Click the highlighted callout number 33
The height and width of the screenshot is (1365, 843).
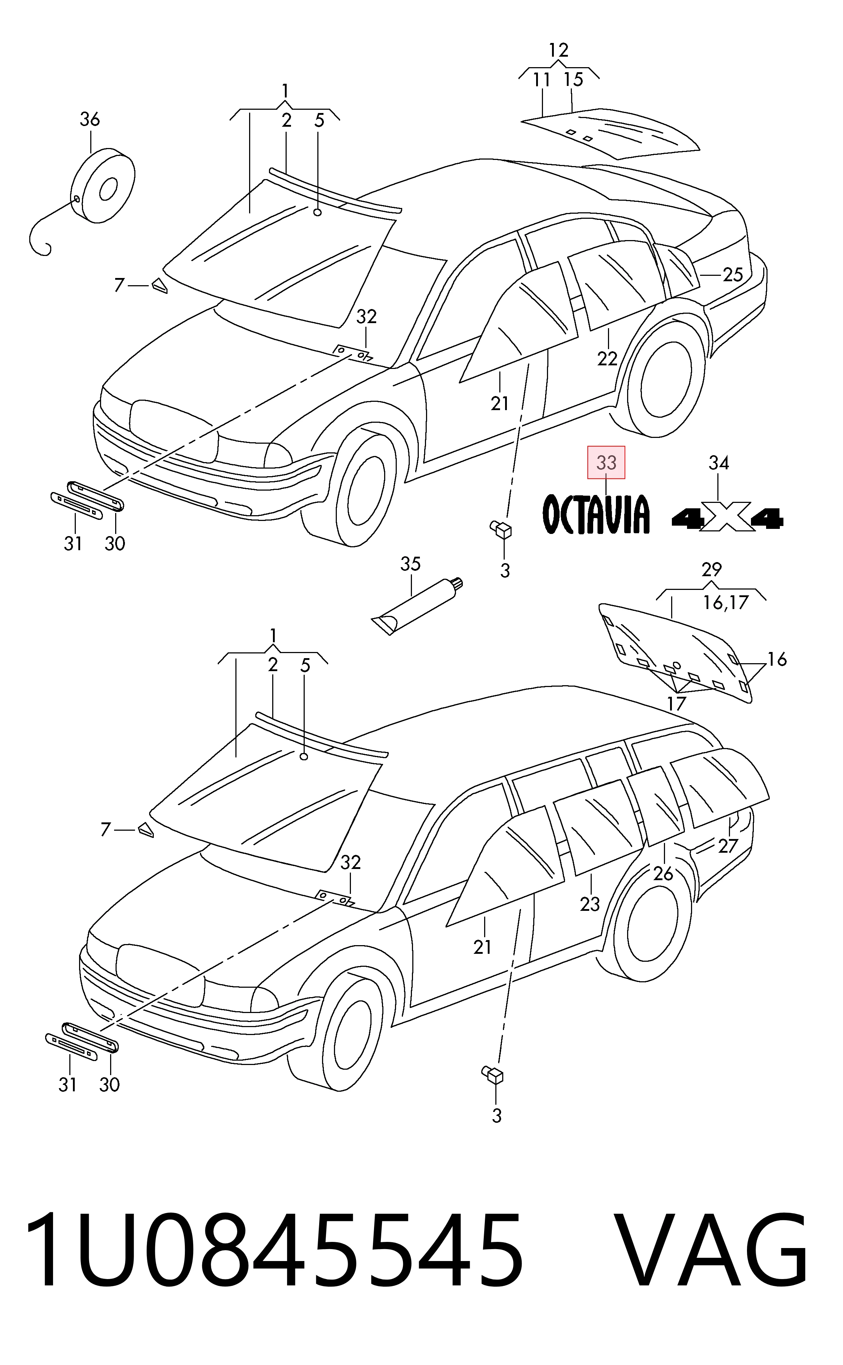click(606, 462)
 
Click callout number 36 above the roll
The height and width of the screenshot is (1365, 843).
click(90, 119)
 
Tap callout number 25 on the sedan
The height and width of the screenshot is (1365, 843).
click(733, 274)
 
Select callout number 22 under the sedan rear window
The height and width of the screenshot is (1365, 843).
click(607, 358)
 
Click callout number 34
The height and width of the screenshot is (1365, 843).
click(719, 462)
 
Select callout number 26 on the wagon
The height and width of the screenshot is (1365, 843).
click(664, 873)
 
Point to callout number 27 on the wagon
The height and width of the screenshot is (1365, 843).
click(728, 846)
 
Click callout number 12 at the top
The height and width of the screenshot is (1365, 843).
click(558, 50)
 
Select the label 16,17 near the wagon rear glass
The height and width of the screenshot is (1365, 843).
click(725, 603)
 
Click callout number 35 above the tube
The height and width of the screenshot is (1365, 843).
click(410, 564)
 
